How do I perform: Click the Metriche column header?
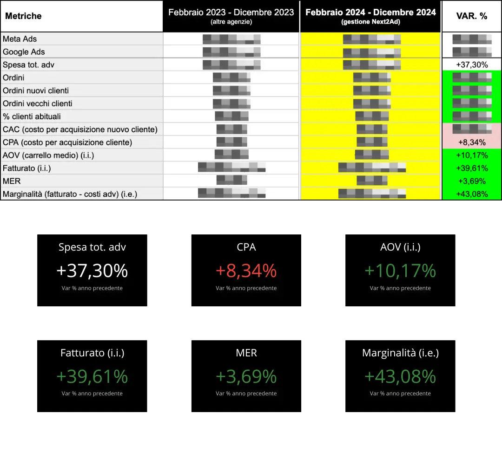point(23,16)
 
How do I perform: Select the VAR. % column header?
point(471,16)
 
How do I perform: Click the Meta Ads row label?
point(20,39)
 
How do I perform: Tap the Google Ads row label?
point(24,52)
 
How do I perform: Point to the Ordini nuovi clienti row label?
point(36,90)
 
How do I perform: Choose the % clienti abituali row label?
point(32,116)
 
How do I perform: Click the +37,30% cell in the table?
point(472,65)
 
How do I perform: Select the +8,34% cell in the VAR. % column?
point(472,142)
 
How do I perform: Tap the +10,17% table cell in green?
point(472,155)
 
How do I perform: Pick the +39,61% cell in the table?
point(472,168)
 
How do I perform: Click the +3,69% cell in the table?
point(472,181)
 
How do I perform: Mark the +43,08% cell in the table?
point(472,194)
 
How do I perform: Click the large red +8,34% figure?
point(246,271)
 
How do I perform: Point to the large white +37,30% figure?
point(92,271)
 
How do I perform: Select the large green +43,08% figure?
point(400,376)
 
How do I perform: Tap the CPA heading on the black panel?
point(246,247)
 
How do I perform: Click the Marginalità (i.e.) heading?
point(400,353)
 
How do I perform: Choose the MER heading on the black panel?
point(246,353)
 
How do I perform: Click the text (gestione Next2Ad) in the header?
point(370,22)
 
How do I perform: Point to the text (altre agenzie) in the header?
point(231,22)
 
